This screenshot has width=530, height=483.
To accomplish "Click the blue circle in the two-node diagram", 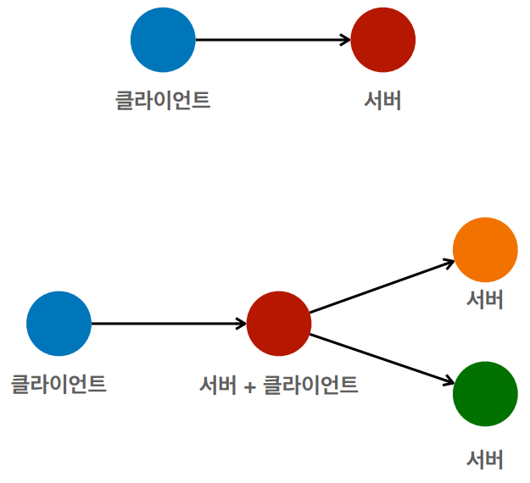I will click(x=163, y=40).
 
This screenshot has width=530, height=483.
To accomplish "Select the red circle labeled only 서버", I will click(x=382, y=40).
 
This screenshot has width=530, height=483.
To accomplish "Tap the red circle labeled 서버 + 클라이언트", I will click(x=279, y=324).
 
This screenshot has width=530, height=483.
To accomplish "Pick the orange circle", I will click(x=485, y=250).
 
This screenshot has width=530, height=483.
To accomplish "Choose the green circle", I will click(x=485, y=394).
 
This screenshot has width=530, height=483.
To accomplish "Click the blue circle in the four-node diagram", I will click(x=59, y=324).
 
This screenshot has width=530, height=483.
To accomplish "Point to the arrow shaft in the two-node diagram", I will click(x=271, y=40).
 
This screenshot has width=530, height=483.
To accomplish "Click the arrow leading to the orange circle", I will click(x=382, y=287).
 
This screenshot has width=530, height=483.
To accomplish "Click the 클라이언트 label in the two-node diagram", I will click(x=163, y=100).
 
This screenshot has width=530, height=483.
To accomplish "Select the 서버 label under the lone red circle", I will click(x=382, y=100).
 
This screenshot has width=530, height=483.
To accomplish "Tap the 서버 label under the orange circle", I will click(x=485, y=299).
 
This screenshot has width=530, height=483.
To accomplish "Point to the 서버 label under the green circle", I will click(x=485, y=459).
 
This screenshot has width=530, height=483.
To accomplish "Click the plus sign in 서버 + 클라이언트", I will click(x=249, y=386).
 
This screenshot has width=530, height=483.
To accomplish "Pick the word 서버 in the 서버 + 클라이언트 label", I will click(x=217, y=385).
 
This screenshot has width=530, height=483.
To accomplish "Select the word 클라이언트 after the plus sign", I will click(x=310, y=385).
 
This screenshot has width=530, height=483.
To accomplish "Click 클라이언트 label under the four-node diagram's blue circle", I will click(x=59, y=384).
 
